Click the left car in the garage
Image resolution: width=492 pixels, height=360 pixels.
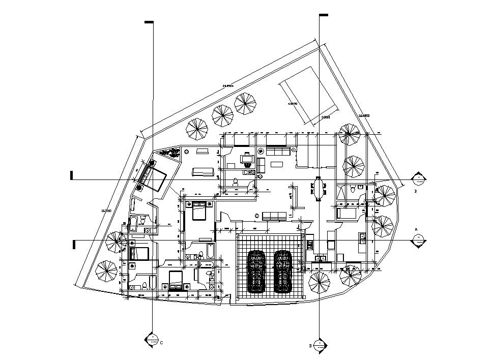257,272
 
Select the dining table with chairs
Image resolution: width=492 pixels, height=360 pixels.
319,189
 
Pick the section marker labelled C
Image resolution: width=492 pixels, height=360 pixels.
153,340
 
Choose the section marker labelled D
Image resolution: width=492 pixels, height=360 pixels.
319,346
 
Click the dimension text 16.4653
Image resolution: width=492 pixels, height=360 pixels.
364,116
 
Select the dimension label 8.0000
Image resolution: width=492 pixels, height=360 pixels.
326,117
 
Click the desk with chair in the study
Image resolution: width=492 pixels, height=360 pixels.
247,159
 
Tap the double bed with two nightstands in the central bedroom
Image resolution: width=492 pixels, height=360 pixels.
198,209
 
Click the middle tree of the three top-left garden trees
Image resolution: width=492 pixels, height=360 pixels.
222,116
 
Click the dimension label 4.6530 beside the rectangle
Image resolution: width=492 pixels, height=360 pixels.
293,104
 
